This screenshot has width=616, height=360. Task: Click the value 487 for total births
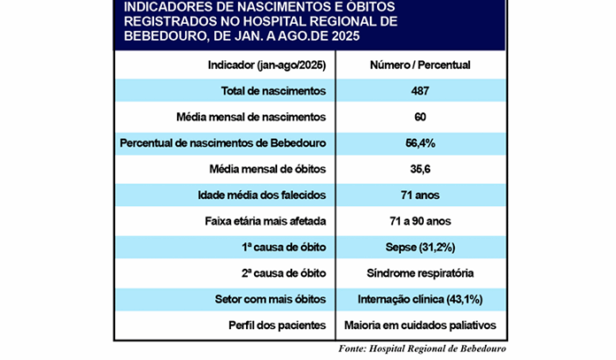[x=420, y=91]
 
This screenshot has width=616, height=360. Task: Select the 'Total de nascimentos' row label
[x=274, y=91]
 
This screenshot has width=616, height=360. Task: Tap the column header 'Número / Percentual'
[x=420, y=65]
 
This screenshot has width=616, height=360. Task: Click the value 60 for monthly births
[x=420, y=117]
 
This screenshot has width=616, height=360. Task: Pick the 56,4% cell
[x=420, y=142]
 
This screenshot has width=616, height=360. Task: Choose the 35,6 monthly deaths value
[x=420, y=169]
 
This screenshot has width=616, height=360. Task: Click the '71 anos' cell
[x=420, y=195]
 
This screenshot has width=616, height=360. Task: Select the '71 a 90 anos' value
[x=420, y=220]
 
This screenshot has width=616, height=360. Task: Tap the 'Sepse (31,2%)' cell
[x=420, y=246]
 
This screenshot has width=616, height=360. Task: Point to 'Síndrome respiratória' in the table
[x=420, y=272]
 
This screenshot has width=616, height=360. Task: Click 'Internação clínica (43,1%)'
[x=420, y=298]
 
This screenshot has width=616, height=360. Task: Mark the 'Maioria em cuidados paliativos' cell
[x=420, y=324]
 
